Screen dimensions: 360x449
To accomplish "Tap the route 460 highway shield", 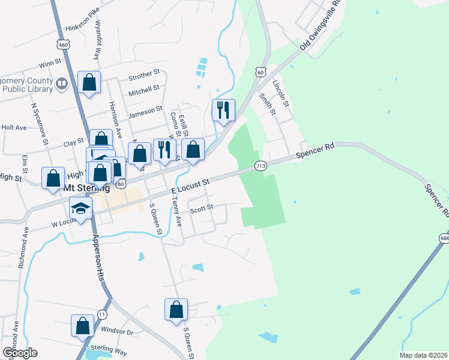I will tap(62, 44).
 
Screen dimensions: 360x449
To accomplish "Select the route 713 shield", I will tap(261, 166).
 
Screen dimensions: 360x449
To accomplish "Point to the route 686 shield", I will tap(444, 239).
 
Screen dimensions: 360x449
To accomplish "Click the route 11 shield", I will tap(103, 314).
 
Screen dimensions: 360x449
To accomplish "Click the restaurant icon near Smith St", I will tap(223, 110).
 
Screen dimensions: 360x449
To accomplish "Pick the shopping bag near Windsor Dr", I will tap(83, 326).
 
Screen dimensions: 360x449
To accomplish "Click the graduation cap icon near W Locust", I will tap(80, 208).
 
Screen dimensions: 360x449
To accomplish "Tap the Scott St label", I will tap(202, 208).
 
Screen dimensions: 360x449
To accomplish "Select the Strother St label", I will tap(144, 77).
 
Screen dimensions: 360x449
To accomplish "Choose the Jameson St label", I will tap(146, 109).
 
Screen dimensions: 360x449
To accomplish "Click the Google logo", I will tap(20, 352).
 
